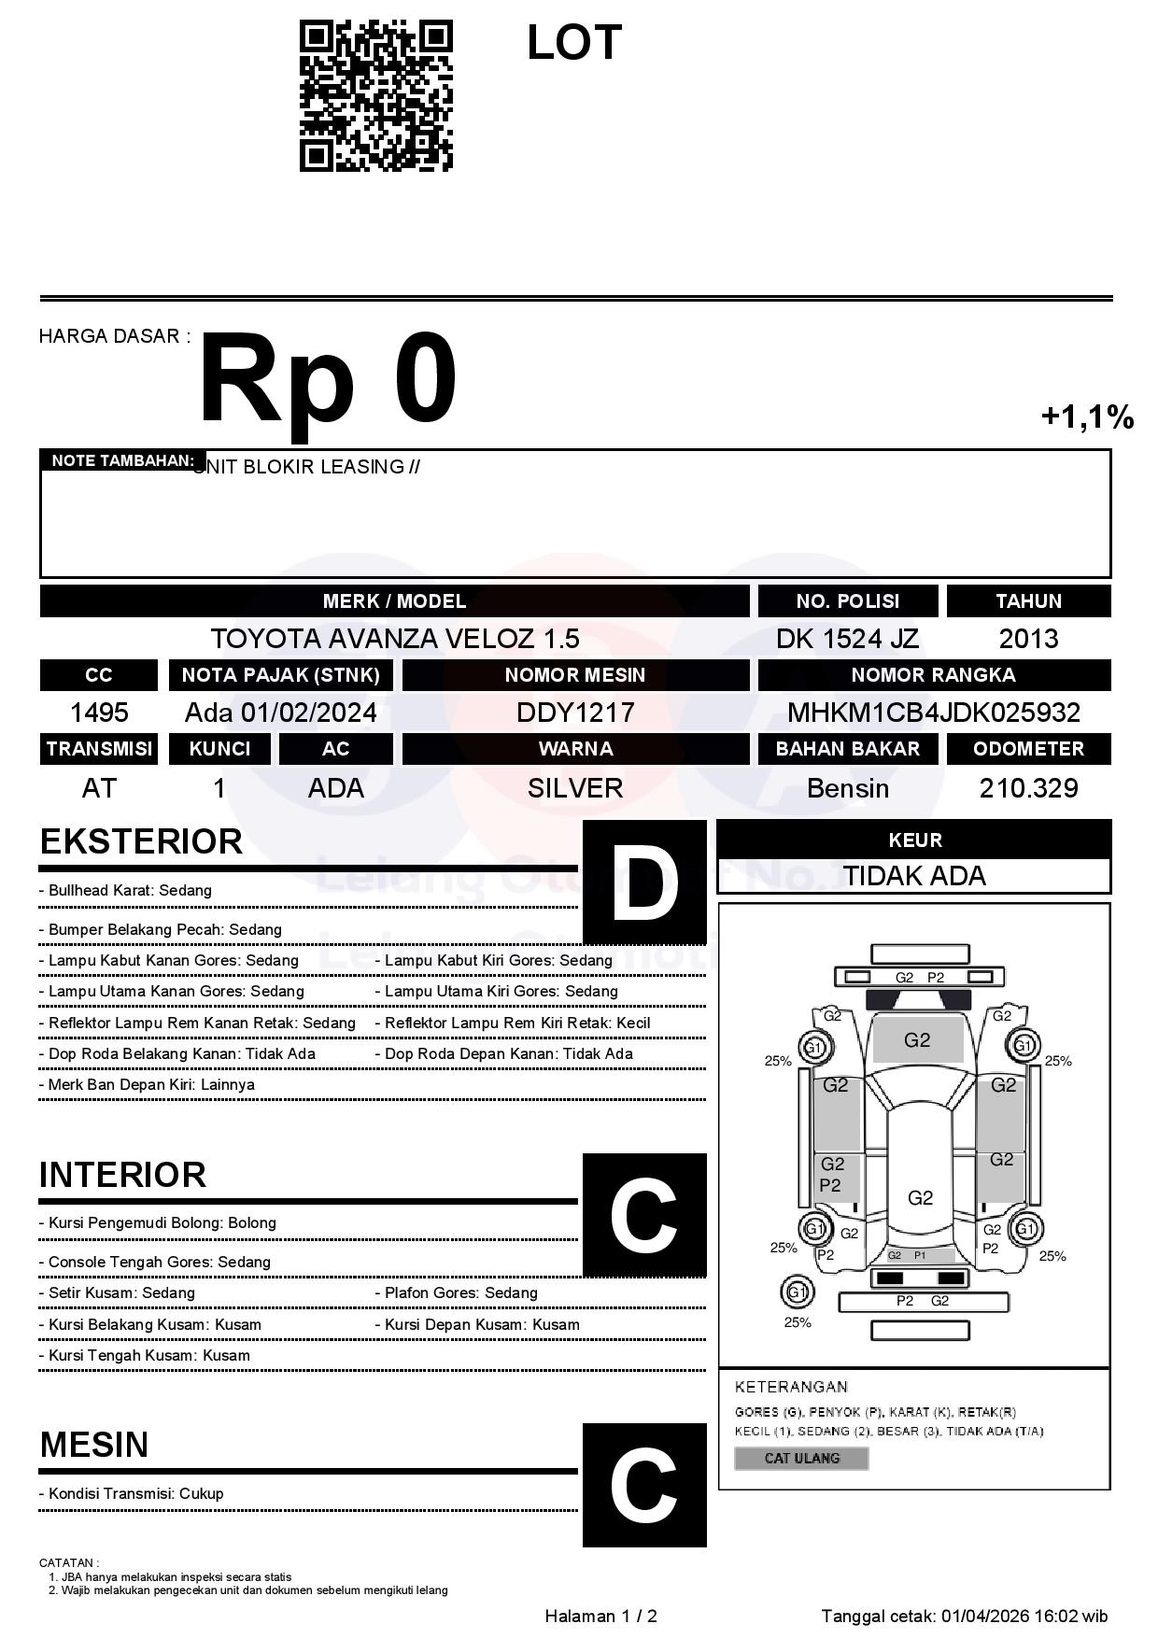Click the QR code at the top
375,96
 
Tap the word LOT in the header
573,43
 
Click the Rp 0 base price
328,380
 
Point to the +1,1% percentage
1087,417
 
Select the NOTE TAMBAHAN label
122,460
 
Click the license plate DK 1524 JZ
847,639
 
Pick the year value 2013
1028,639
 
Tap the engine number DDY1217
575,713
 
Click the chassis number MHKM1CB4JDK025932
933,713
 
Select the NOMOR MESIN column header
575,674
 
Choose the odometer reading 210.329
1028,788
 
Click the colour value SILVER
575,788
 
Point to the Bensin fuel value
847,788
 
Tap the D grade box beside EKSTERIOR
644,882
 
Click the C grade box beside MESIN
644,1485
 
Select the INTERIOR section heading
122,1175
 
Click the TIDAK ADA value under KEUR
914,876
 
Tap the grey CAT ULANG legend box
801,1458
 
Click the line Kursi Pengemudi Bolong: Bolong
162,1222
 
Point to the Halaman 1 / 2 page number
600,1616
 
